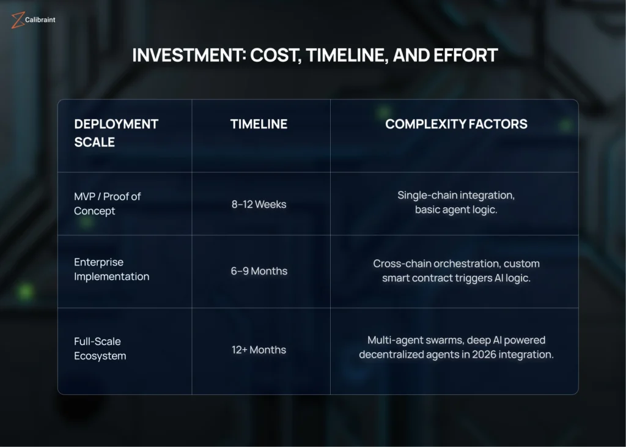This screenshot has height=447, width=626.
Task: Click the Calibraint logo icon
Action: pos(18,20)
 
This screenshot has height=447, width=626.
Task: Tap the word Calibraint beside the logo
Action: pos(40,20)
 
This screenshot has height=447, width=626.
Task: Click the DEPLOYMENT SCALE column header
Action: pos(116,133)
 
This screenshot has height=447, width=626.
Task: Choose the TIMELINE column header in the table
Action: pos(259,124)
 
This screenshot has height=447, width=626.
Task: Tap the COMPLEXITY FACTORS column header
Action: pos(456,124)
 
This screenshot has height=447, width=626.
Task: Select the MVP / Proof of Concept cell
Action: pos(108,204)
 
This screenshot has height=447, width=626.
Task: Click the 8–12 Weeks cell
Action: pos(259,204)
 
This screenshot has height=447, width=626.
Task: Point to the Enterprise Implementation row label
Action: pos(111,269)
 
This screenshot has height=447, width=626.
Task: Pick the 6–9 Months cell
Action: pos(259,272)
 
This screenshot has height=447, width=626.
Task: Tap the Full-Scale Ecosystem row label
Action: pos(100,349)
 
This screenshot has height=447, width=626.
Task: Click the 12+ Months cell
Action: pos(259,350)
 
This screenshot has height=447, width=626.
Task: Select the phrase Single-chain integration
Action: pos(456,195)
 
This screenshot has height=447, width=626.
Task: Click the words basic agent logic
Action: pos(456,210)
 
